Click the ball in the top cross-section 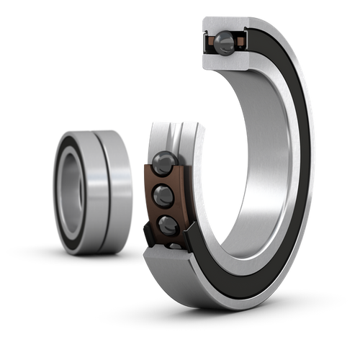[225, 42]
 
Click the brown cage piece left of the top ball [211, 42]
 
